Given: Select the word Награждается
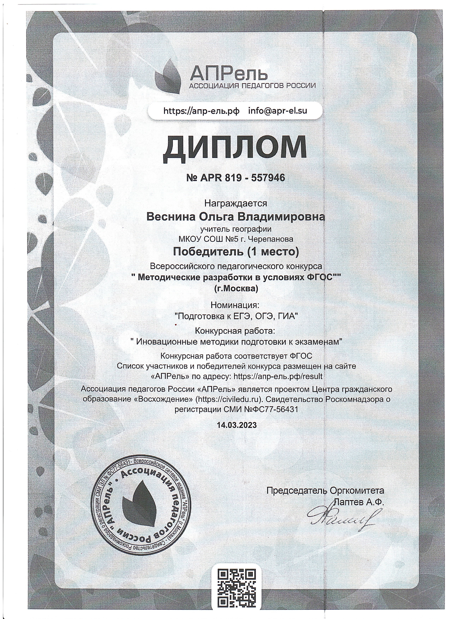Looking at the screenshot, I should click(236, 203).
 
